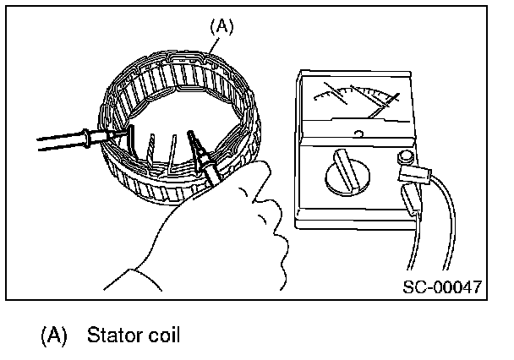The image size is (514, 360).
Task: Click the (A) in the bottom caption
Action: [x=52, y=335]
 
